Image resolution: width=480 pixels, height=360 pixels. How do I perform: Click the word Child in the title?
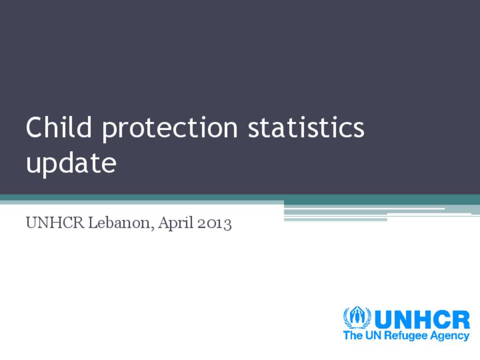[x=59, y=127]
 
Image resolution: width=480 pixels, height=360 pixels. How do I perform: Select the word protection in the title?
[x=170, y=130]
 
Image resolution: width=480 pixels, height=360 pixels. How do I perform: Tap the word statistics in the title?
[x=306, y=127]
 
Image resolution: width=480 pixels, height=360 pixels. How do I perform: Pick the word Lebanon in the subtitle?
[x=120, y=223]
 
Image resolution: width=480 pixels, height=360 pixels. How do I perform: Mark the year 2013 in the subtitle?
[x=214, y=223]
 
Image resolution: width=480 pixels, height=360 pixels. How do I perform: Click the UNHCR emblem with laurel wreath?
[x=357, y=317]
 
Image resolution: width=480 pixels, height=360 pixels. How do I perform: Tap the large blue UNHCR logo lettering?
[x=422, y=320]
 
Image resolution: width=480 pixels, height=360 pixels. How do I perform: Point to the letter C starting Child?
[x=34, y=127]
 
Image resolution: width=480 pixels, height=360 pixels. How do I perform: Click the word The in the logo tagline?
[x=353, y=335]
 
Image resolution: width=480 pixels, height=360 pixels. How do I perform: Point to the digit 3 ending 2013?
[x=227, y=225]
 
